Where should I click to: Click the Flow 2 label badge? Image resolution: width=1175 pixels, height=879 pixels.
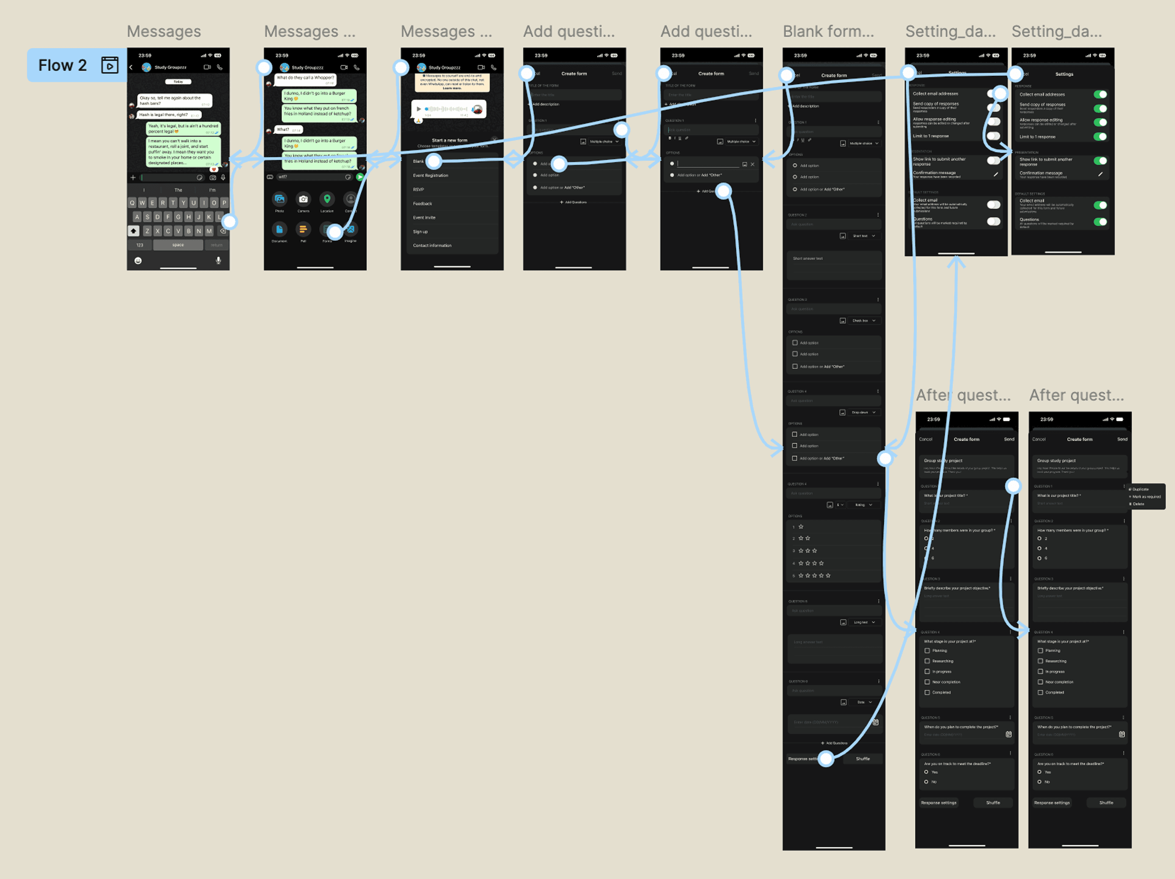(63, 65)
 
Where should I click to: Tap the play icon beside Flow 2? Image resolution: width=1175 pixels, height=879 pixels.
(109, 65)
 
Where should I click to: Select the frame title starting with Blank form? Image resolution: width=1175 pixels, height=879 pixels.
(827, 32)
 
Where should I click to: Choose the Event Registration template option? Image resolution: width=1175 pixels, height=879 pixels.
(431, 175)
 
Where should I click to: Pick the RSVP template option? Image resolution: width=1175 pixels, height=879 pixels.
(418, 189)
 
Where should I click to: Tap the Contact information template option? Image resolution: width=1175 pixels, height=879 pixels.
(432, 245)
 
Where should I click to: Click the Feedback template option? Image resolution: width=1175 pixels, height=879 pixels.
(423, 203)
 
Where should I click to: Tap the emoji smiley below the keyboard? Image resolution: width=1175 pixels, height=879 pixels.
(138, 260)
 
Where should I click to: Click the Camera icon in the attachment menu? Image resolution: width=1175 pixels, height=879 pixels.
(303, 199)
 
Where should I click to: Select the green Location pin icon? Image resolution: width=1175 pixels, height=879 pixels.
(327, 199)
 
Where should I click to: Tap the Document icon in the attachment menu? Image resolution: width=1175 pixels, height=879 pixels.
(279, 229)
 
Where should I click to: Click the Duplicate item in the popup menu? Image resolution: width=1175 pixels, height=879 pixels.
(1141, 489)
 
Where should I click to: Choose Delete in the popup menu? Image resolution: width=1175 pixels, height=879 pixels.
(1139, 504)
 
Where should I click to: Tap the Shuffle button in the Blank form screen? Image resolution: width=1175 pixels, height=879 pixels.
(863, 759)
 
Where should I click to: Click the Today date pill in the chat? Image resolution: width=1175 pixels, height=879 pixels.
(178, 82)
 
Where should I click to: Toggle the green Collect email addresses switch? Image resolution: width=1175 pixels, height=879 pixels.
(1100, 95)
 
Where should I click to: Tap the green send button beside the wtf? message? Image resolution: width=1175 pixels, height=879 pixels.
(360, 177)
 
